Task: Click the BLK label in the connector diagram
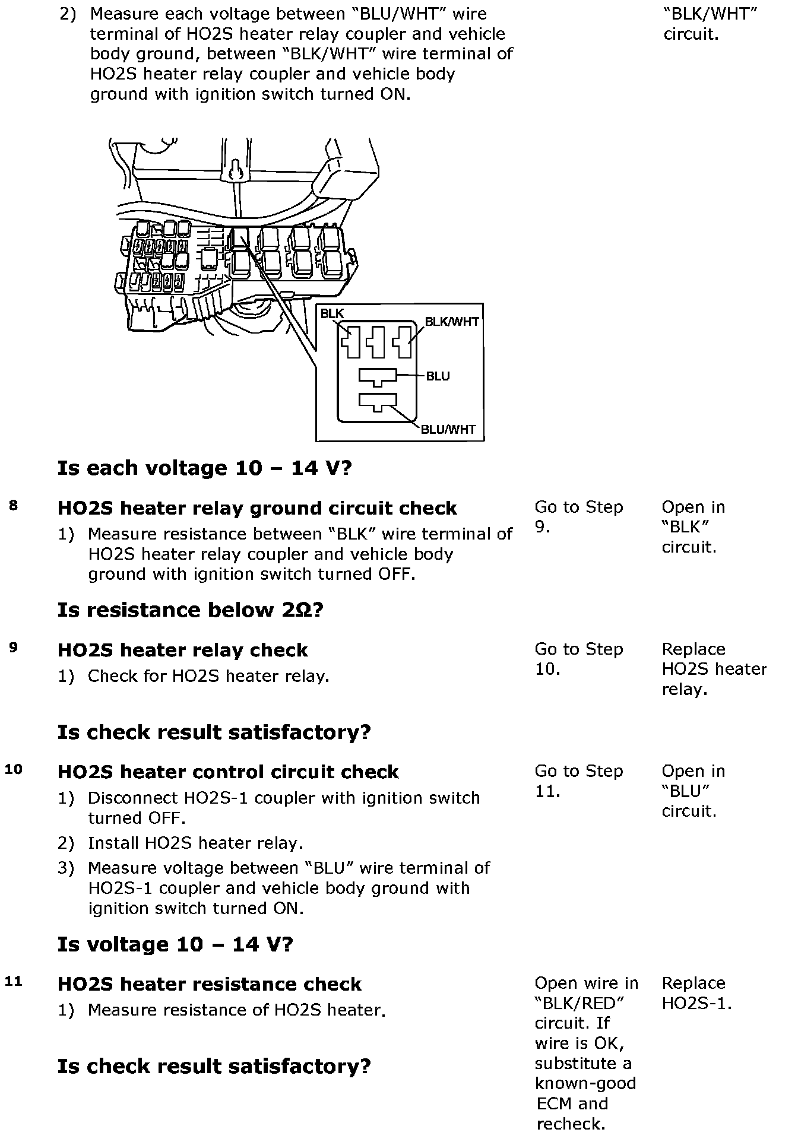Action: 332,314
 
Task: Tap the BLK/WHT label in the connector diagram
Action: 451,322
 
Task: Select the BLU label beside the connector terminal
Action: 438,376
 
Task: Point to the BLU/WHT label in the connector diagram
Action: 448,430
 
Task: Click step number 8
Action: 13,506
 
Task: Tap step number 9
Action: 13,648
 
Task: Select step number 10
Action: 13,769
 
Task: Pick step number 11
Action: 13,982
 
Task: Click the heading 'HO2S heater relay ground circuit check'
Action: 257,509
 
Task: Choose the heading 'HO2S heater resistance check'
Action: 209,985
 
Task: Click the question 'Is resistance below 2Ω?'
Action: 190,610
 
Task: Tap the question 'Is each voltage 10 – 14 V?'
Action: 204,468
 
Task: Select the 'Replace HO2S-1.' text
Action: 696,993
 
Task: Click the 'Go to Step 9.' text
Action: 578,517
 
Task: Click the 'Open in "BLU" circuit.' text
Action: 693,791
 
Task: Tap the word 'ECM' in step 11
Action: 555,1104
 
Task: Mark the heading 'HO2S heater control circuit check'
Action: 228,772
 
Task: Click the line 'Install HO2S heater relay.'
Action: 195,843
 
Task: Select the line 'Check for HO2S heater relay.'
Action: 208,677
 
